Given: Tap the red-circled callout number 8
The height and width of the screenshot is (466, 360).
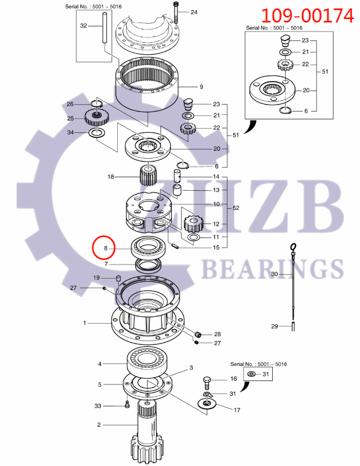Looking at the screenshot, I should (x=104, y=248).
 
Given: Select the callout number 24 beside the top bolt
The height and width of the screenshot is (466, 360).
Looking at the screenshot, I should (x=194, y=12).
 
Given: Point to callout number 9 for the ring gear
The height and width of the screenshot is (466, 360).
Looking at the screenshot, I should (x=201, y=87).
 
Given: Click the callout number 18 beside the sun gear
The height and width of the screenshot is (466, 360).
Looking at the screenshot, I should (x=110, y=177).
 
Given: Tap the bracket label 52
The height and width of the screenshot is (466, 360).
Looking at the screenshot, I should (x=235, y=208).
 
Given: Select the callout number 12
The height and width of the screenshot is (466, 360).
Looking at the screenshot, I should (x=216, y=224).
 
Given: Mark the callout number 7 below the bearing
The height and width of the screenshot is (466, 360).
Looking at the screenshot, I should (x=105, y=264).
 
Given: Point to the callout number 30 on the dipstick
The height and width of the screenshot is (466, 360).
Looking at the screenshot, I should (x=274, y=274).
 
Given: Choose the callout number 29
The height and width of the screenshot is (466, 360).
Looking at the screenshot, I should (x=274, y=326).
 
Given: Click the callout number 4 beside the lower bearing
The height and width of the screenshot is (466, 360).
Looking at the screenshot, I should (x=100, y=364).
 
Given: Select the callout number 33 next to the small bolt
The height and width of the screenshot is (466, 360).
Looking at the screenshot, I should (x=97, y=406).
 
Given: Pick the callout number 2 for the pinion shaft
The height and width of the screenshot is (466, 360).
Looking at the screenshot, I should (x=99, y=425).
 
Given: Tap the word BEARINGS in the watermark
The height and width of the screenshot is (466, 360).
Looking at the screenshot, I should (x=272, y=269).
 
